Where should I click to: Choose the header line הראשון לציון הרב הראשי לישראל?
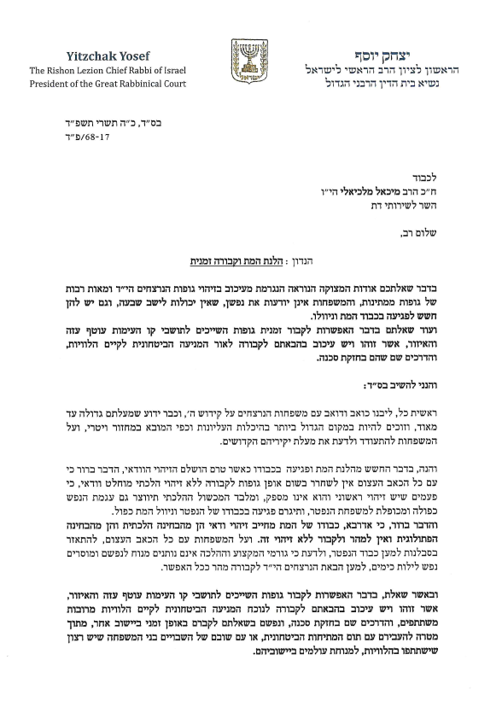click(x=384, y=70)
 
